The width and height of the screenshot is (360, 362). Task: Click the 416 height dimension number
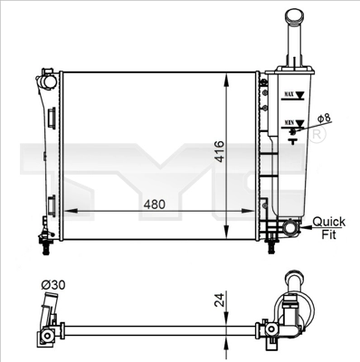pos(220,151)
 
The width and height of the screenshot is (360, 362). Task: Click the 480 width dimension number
pos(155,205)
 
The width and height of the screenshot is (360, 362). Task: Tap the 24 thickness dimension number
pos(220,300)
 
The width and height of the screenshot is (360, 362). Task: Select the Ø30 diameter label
pos(53,285)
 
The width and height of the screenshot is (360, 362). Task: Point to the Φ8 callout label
pos(325,118)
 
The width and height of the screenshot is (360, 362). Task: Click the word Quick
pos(328,222)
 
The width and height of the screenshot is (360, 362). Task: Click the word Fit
pos(328,234)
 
